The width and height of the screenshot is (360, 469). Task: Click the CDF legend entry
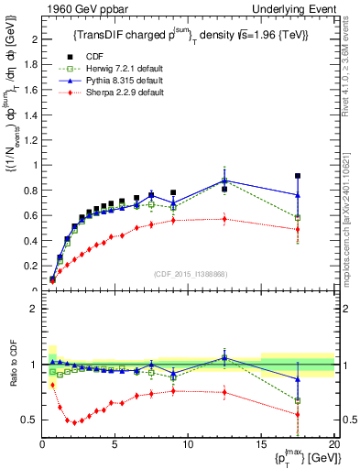[x=90, y=57]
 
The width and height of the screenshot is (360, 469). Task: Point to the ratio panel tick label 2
[x=33, y=309]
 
